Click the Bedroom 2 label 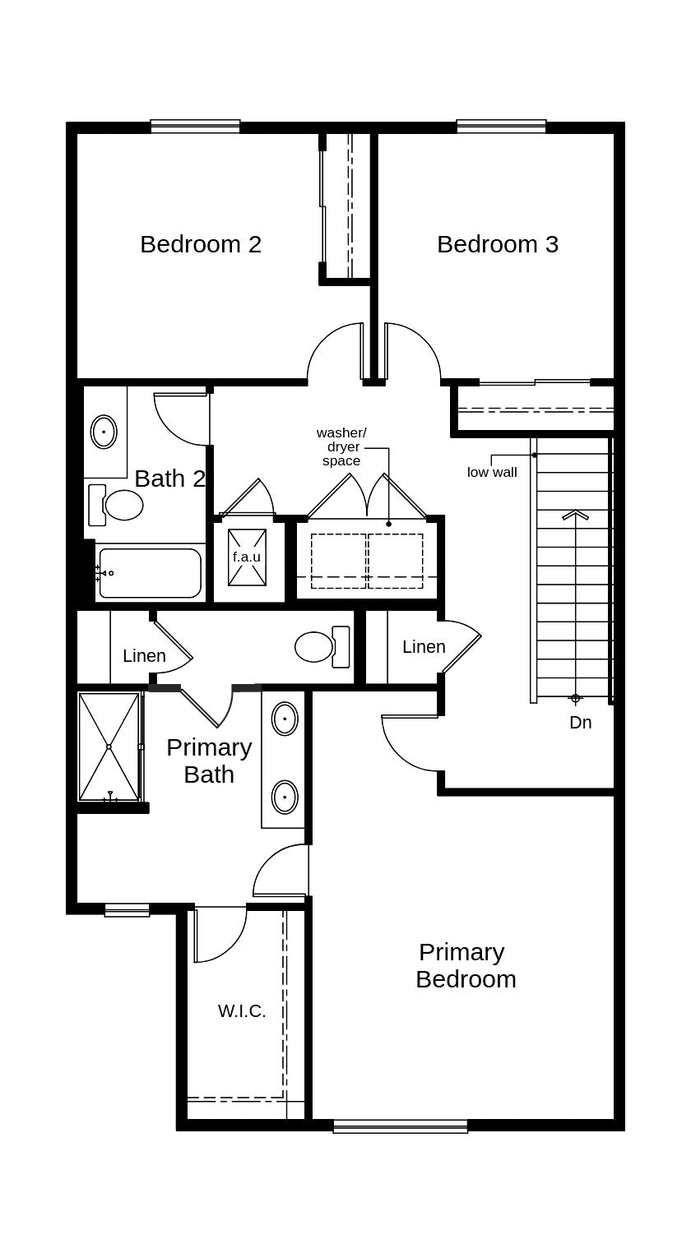tap(201, 244)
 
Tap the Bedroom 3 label tap(498, 244)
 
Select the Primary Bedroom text tap(466, 965)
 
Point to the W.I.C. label tap(242, 1011)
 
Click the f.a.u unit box tap(247, 557)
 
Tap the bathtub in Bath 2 tap(150, 573)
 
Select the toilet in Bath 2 tap(116, 505)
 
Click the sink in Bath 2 tap(104, 432)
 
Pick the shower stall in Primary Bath tap(109, 747)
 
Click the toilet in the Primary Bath tap(322, 647)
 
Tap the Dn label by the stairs tap(580, 723)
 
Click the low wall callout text tap(492, 473)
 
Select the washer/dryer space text tap(341, 446)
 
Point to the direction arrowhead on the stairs tap(575, 516)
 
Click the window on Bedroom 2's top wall tap(195, 127)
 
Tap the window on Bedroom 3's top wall tap(501, 127)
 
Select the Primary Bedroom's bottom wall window tap(401, 1126)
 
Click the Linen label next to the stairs tap(424, 647)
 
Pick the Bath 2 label tap(169, 479)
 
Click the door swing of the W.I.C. tap(220, 936)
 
